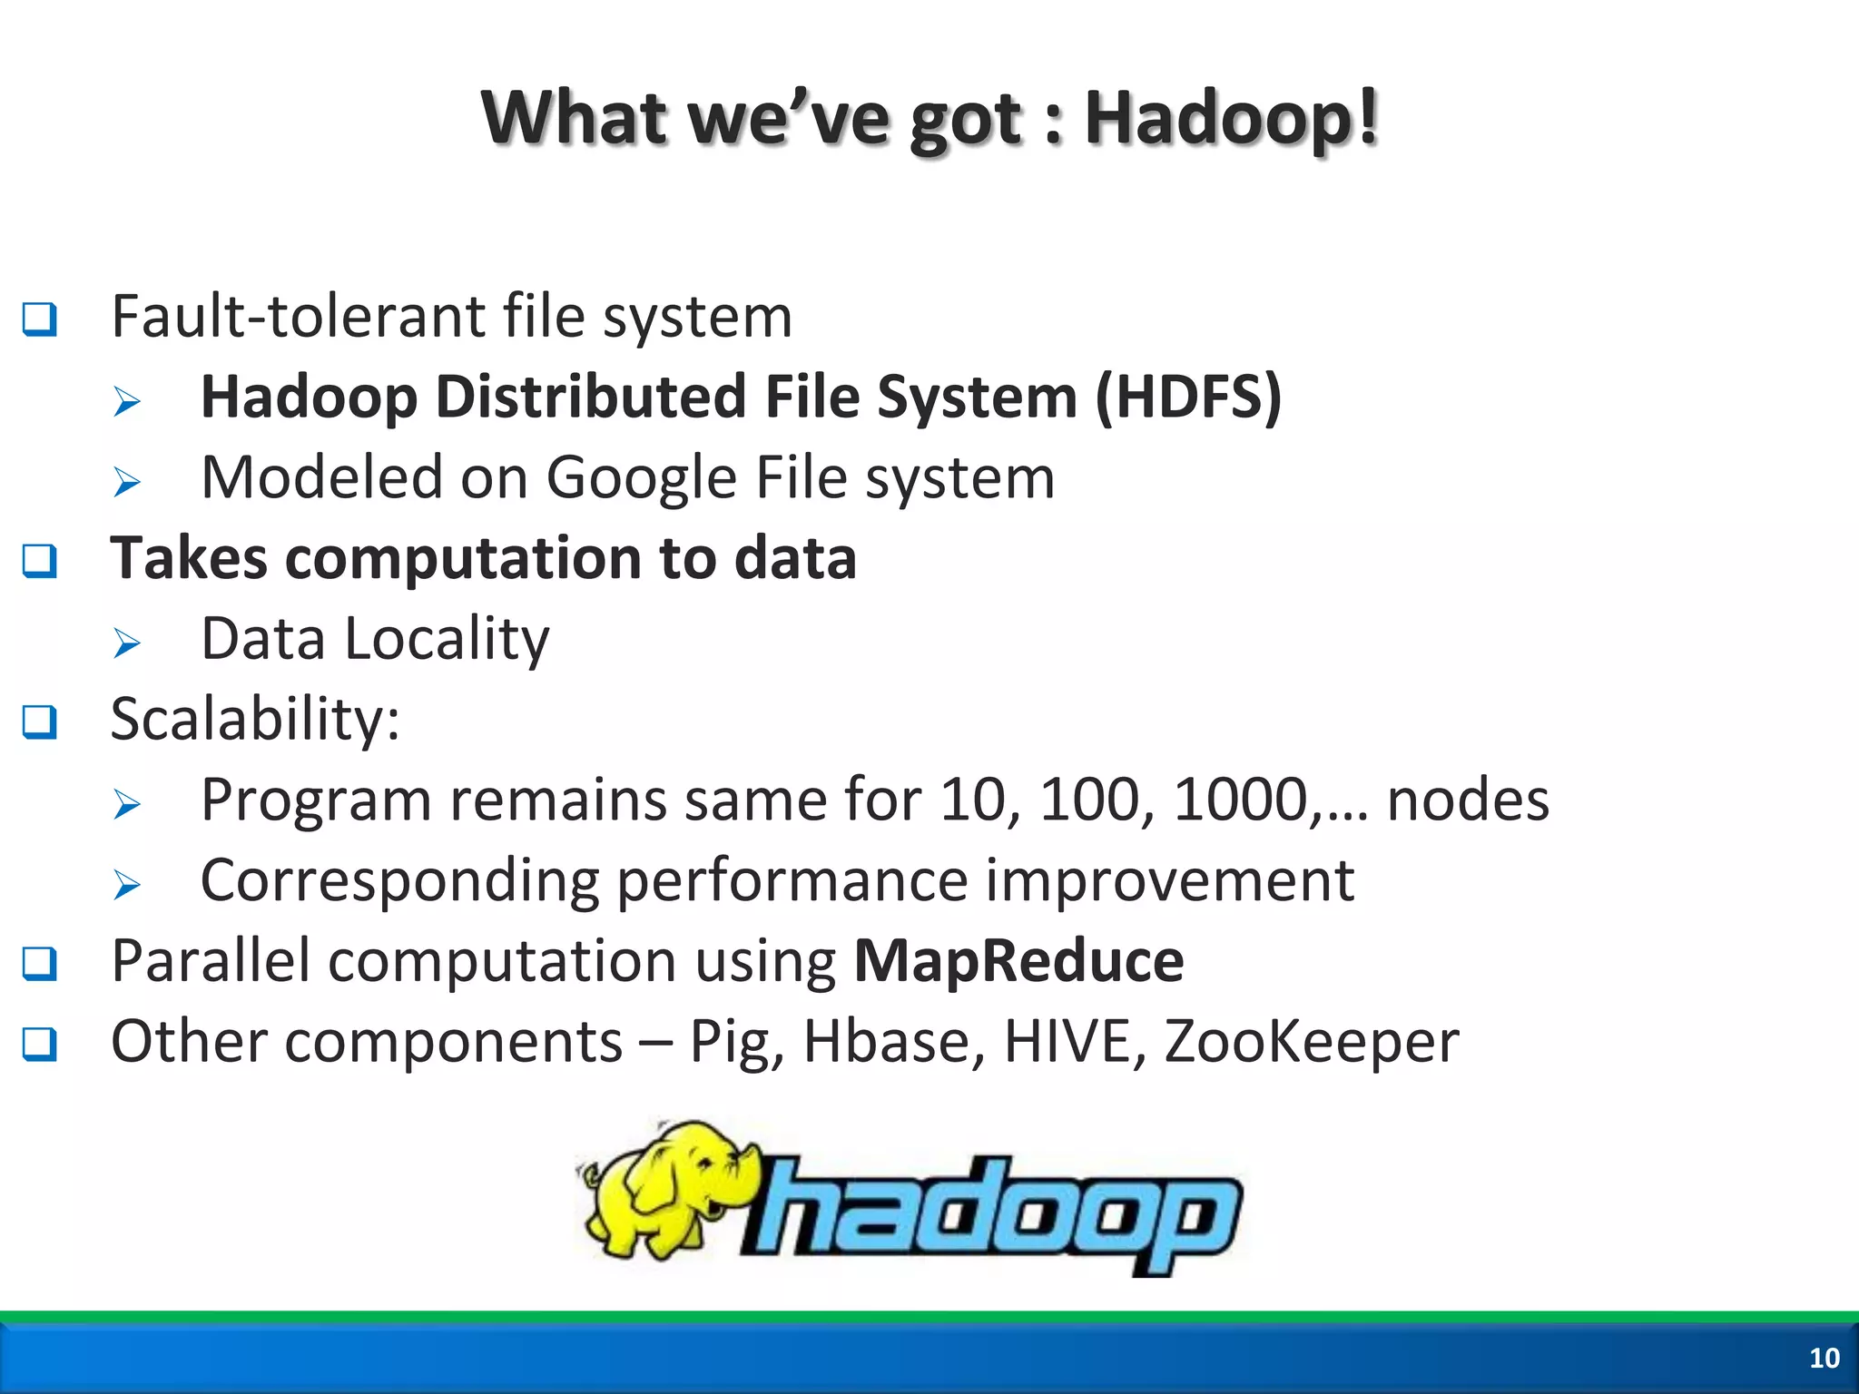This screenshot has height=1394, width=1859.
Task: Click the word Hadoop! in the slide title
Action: pos(1232,118)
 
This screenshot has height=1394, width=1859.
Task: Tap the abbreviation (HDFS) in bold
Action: pos(1188,398)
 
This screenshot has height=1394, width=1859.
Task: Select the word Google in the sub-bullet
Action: pos(641,478)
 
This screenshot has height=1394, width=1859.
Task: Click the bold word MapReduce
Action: pos(1018,960)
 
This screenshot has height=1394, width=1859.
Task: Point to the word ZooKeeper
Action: pos(1311,1041)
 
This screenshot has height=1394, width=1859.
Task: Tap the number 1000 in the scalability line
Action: pos(1240,800)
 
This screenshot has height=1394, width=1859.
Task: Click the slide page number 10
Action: pos(1824,1358)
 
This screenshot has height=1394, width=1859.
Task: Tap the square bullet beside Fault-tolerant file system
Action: pos(40,319)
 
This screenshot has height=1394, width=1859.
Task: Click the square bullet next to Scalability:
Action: pos(40,722)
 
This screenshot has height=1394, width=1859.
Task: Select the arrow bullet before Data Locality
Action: pos(127,643)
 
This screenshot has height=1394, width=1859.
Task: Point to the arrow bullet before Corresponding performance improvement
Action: pos(127,884)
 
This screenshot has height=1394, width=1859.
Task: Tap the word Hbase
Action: pos(894,1041)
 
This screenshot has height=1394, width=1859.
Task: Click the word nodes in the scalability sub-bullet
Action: pos(1468,800)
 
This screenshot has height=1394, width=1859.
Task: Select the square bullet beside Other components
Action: pos(40,1045)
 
